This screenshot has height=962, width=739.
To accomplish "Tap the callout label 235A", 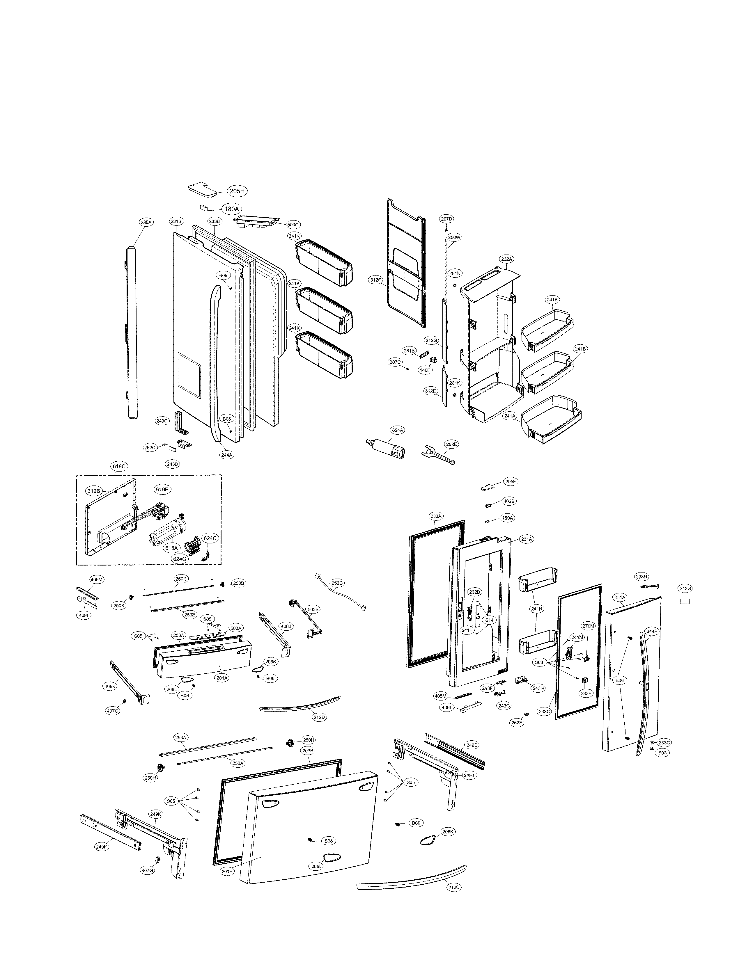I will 146,223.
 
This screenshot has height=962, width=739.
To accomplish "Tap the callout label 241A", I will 510,415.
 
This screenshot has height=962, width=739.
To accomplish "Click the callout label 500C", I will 293,225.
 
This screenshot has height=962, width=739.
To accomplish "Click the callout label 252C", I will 337,583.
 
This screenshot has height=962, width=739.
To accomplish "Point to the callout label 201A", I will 222,678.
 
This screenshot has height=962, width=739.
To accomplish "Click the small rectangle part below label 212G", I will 685,601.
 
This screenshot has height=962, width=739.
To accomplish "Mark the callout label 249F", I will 101,846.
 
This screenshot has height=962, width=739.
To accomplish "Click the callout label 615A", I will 171,548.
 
